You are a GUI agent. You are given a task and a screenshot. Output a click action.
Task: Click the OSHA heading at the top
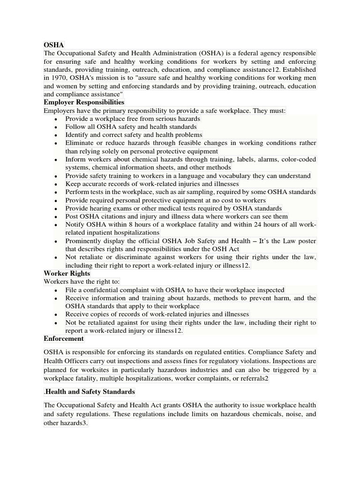coord(53,45)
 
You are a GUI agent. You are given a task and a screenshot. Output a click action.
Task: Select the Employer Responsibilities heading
coord(84,102)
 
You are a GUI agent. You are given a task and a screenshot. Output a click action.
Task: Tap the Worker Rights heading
coord(67,273)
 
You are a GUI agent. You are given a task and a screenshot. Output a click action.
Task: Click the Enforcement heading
coord(64,338)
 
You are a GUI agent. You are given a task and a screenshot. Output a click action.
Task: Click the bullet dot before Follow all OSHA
coord(56,127)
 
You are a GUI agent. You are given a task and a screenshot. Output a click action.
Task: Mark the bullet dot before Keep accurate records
coord(56,185)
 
